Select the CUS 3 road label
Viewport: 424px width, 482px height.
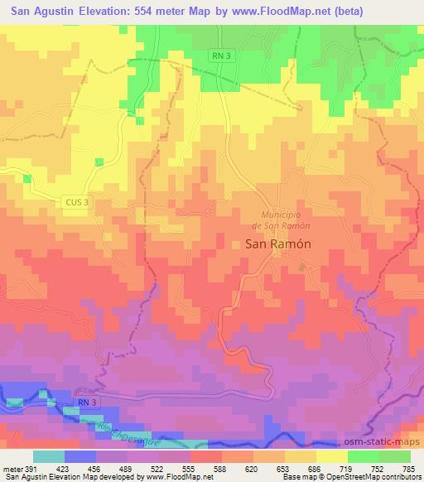point(75,201)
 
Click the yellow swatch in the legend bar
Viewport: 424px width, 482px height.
point(330,456)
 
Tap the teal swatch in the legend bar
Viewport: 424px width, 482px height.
point(49,456)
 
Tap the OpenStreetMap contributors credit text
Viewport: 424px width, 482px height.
point(382,476)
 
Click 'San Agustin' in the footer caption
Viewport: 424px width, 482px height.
point(26,476)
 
